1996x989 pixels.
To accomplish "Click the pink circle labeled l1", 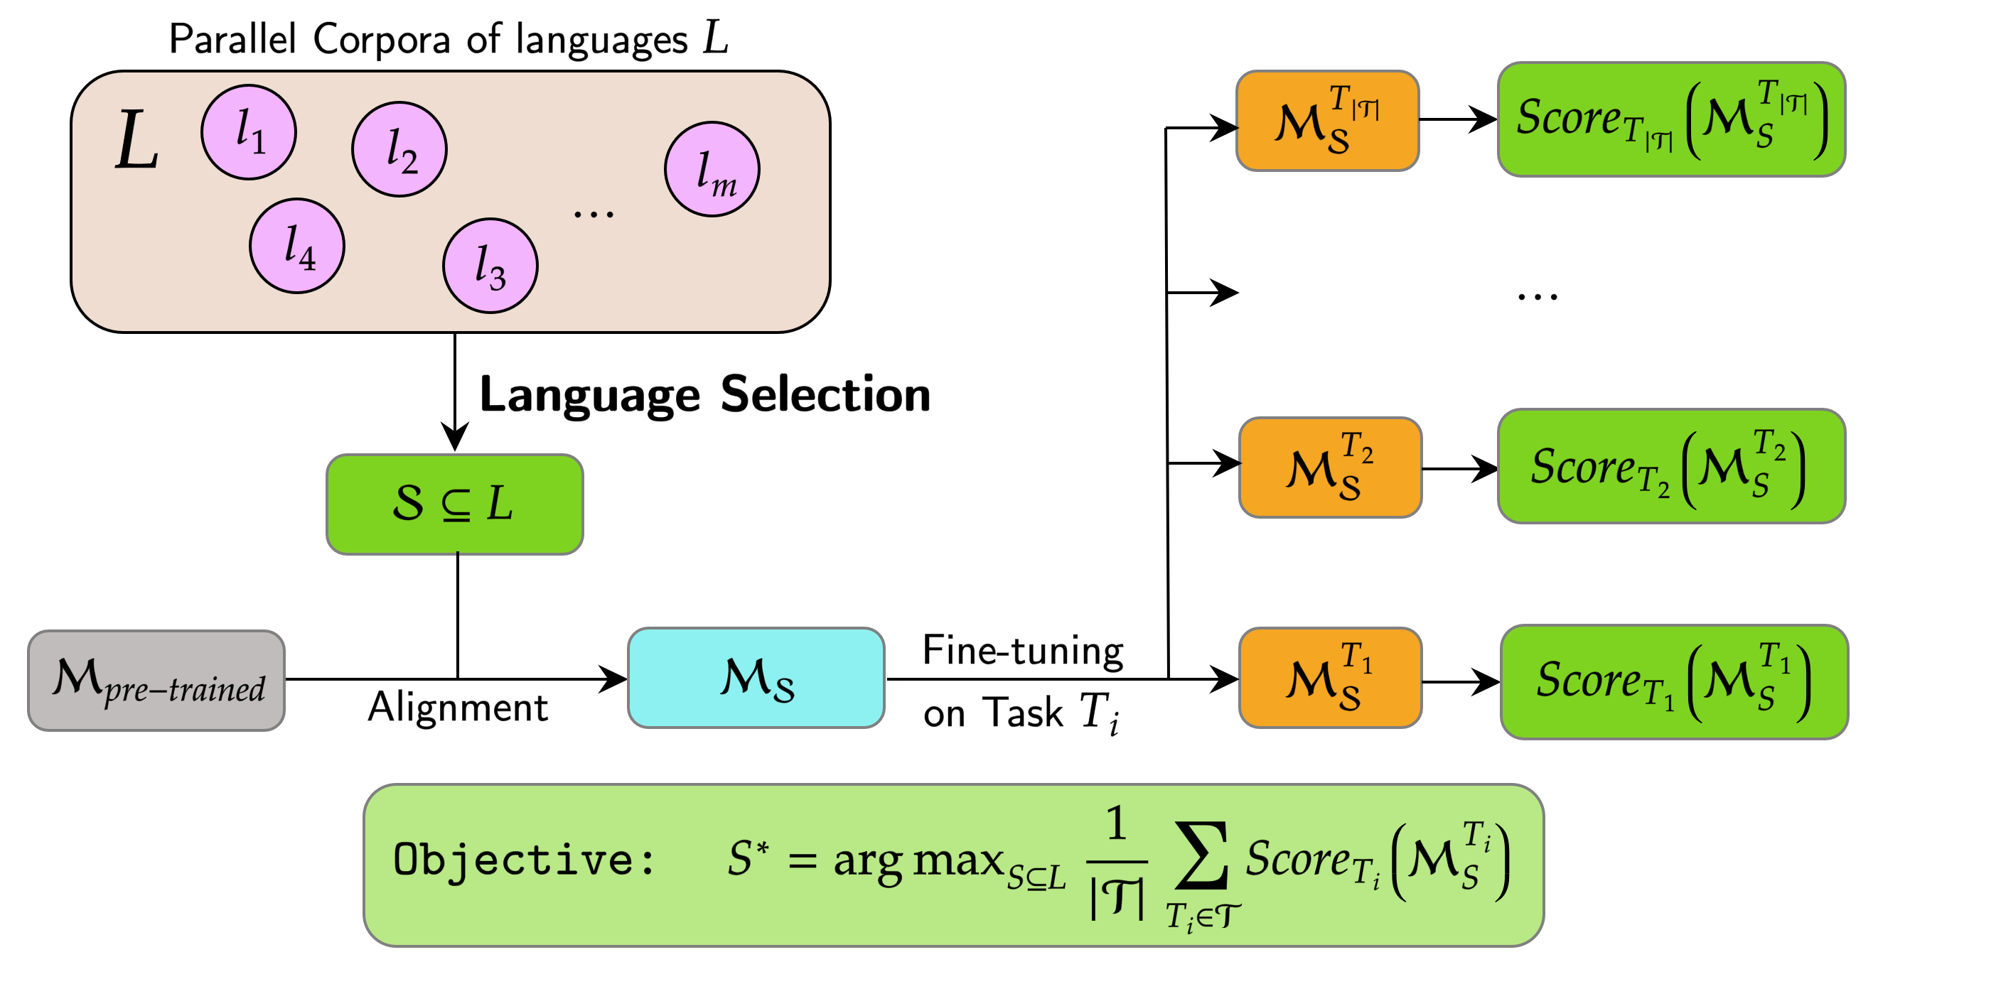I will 248,132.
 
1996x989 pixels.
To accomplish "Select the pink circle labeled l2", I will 399,149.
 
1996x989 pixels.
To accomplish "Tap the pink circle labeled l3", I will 490,266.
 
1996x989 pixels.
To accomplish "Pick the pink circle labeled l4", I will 296,247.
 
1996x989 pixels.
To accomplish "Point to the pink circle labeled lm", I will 712,169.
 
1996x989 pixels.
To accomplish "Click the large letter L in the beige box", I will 137,141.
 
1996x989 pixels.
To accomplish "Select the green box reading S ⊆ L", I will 454,504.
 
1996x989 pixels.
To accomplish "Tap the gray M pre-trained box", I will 156,681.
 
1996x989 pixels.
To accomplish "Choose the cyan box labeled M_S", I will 756,678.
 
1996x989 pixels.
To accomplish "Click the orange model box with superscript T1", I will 1330,678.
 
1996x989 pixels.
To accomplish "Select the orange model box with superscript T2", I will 1330,467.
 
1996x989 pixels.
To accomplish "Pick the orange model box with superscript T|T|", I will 1326,121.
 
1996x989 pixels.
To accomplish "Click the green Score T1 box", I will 1674,681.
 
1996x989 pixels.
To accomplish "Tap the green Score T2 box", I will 1670,466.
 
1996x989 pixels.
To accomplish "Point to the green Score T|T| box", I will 1670,119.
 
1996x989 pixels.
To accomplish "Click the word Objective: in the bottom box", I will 524,860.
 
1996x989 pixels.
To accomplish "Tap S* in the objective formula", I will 747,858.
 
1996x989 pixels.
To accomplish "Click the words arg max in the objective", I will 918,860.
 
